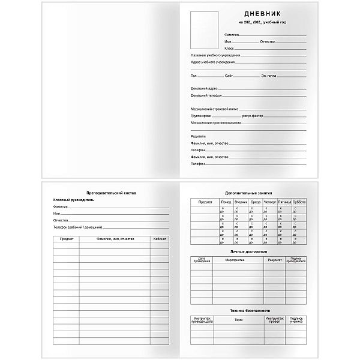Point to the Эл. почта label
(x=269, y=76)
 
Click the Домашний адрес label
(x=204, y=88)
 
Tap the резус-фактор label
(x=253, y=116)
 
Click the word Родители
(x=198, y=136)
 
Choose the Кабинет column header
(x=159, y=239)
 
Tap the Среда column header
(x=255, y=202)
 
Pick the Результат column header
(x=275, y=260)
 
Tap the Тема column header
(x=239, y=320)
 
